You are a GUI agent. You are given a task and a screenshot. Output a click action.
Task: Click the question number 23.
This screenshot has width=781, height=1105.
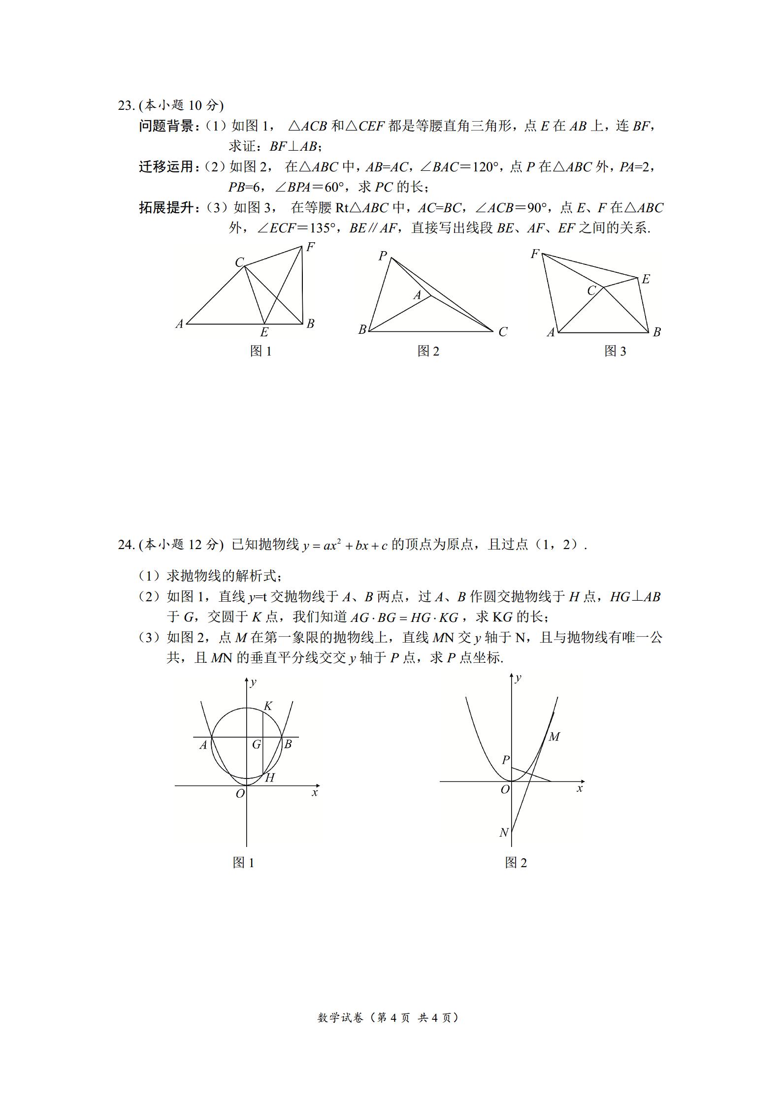coord(125,105)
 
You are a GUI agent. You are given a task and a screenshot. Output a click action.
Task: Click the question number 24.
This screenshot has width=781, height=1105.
coord(125,545)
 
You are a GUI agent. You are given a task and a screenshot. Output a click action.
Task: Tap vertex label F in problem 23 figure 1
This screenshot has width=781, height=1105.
coord(310,247)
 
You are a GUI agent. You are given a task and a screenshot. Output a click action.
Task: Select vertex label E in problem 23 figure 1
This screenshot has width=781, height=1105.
coord(264,332)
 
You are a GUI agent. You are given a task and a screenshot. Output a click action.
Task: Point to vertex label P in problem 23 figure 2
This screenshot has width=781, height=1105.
coord(383,256)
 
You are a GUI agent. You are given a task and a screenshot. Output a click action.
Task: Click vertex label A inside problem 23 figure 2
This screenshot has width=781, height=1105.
coord(418,295)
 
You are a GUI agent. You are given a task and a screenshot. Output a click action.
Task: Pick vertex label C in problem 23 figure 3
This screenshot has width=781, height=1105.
coord(591,291)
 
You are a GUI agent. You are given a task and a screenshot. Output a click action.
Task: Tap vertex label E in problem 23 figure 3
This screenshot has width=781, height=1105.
coord(646,279)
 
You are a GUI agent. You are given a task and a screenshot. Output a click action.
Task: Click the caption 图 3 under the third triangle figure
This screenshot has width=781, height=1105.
coord(615,351)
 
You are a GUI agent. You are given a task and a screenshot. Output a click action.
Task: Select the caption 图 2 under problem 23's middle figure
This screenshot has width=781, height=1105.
coord(428,351)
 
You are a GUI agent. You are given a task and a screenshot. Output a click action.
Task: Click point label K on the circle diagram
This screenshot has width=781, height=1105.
coord(268,706)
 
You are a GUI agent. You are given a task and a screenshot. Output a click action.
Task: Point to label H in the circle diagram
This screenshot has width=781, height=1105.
coord(270,778)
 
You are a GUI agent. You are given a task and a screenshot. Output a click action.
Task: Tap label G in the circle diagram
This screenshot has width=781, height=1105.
coord(256,745)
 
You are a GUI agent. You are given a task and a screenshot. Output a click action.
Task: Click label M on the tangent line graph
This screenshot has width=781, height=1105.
coord(554,737)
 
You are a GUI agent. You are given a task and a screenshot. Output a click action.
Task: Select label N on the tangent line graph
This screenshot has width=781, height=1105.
coord(504,833)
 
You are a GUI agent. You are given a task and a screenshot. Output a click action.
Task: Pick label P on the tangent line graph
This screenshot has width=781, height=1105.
coord(505,760)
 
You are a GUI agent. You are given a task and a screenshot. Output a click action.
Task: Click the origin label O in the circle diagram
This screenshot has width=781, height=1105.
coord(240,793)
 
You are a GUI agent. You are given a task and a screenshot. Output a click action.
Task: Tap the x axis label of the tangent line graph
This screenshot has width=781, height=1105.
coord(580,789)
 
